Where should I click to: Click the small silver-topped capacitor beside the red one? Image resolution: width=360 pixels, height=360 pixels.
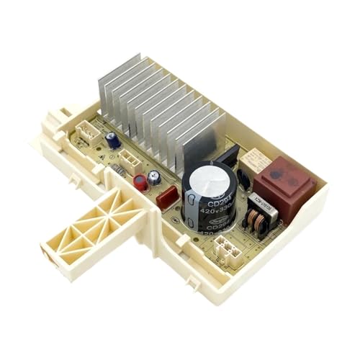pos(154,179)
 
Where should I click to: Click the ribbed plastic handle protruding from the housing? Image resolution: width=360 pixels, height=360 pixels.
pos(86,223)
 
